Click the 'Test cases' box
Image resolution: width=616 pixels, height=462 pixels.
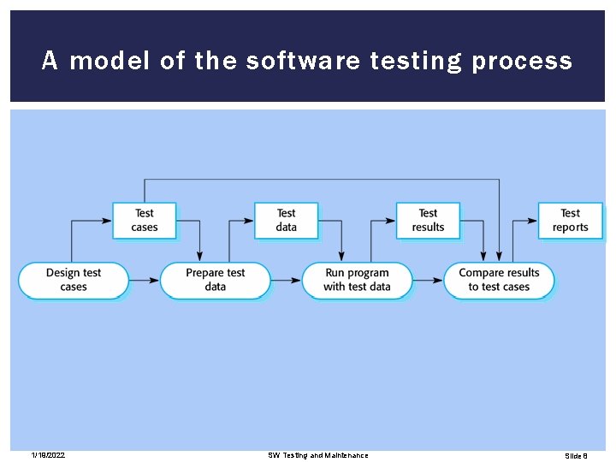point(144,220)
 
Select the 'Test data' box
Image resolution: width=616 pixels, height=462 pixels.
point(286,220)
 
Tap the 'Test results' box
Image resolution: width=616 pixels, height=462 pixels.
point(428,220)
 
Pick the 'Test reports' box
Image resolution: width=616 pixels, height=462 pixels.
point(570,220)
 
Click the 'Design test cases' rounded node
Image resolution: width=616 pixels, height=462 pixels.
point(74,280)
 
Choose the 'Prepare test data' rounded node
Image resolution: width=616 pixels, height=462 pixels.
point(215,280)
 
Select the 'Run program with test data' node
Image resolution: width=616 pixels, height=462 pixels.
point(357,280)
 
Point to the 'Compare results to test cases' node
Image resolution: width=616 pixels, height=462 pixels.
point(499,280)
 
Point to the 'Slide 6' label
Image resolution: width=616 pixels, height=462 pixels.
point(576,455)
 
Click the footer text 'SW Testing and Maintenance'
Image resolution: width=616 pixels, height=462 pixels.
point(318,455)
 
